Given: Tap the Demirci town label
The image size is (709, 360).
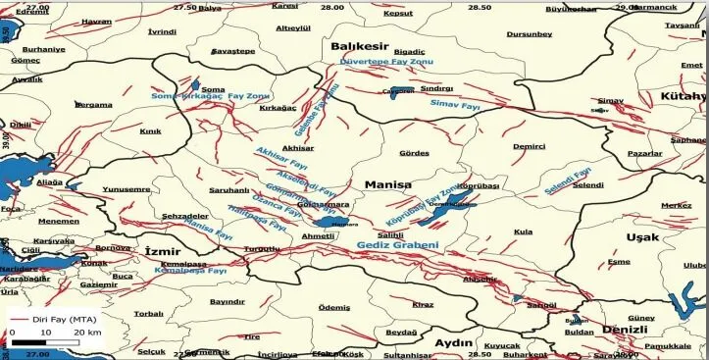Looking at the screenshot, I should [529, 145].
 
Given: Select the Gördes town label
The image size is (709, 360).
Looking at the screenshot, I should [415, 153].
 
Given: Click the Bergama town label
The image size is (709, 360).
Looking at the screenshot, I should [94, 105].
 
